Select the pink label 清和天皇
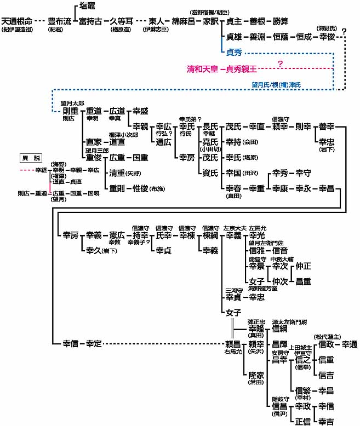pyautogui.click(x=202, y=70)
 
